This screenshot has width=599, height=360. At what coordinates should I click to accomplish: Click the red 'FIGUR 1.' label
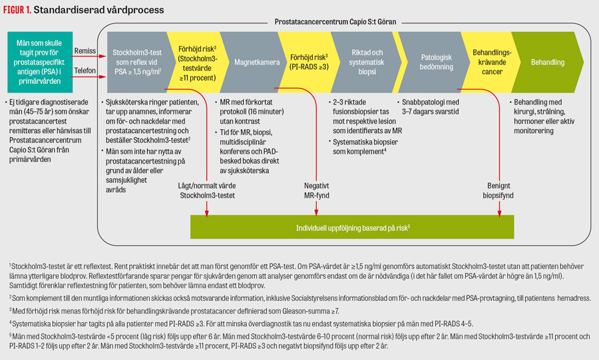17,10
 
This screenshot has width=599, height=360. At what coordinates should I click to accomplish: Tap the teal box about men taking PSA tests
40,63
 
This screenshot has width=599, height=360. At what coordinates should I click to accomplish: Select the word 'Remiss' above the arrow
85,51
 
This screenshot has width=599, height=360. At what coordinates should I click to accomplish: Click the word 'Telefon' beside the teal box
85,71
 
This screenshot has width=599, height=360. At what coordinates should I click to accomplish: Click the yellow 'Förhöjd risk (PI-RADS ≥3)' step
309,63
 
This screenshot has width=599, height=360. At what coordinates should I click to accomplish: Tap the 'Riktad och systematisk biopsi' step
366,63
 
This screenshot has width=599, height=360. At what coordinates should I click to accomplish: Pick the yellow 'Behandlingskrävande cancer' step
491,63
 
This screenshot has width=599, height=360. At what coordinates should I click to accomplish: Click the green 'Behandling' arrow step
548,63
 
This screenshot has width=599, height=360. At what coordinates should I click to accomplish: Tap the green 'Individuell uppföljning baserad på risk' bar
352,227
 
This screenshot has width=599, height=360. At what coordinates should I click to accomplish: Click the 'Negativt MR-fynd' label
316,190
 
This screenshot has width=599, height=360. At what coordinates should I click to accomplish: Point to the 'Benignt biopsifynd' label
498,190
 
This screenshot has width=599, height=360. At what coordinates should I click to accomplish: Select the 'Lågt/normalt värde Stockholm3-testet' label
207,190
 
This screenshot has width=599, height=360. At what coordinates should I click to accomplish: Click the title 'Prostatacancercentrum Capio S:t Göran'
335,22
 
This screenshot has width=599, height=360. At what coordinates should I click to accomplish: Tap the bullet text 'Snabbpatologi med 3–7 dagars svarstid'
430,107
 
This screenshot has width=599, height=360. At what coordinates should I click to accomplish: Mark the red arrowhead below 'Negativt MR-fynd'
316,213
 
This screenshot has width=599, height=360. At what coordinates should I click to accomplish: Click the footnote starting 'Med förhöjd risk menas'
174,311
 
